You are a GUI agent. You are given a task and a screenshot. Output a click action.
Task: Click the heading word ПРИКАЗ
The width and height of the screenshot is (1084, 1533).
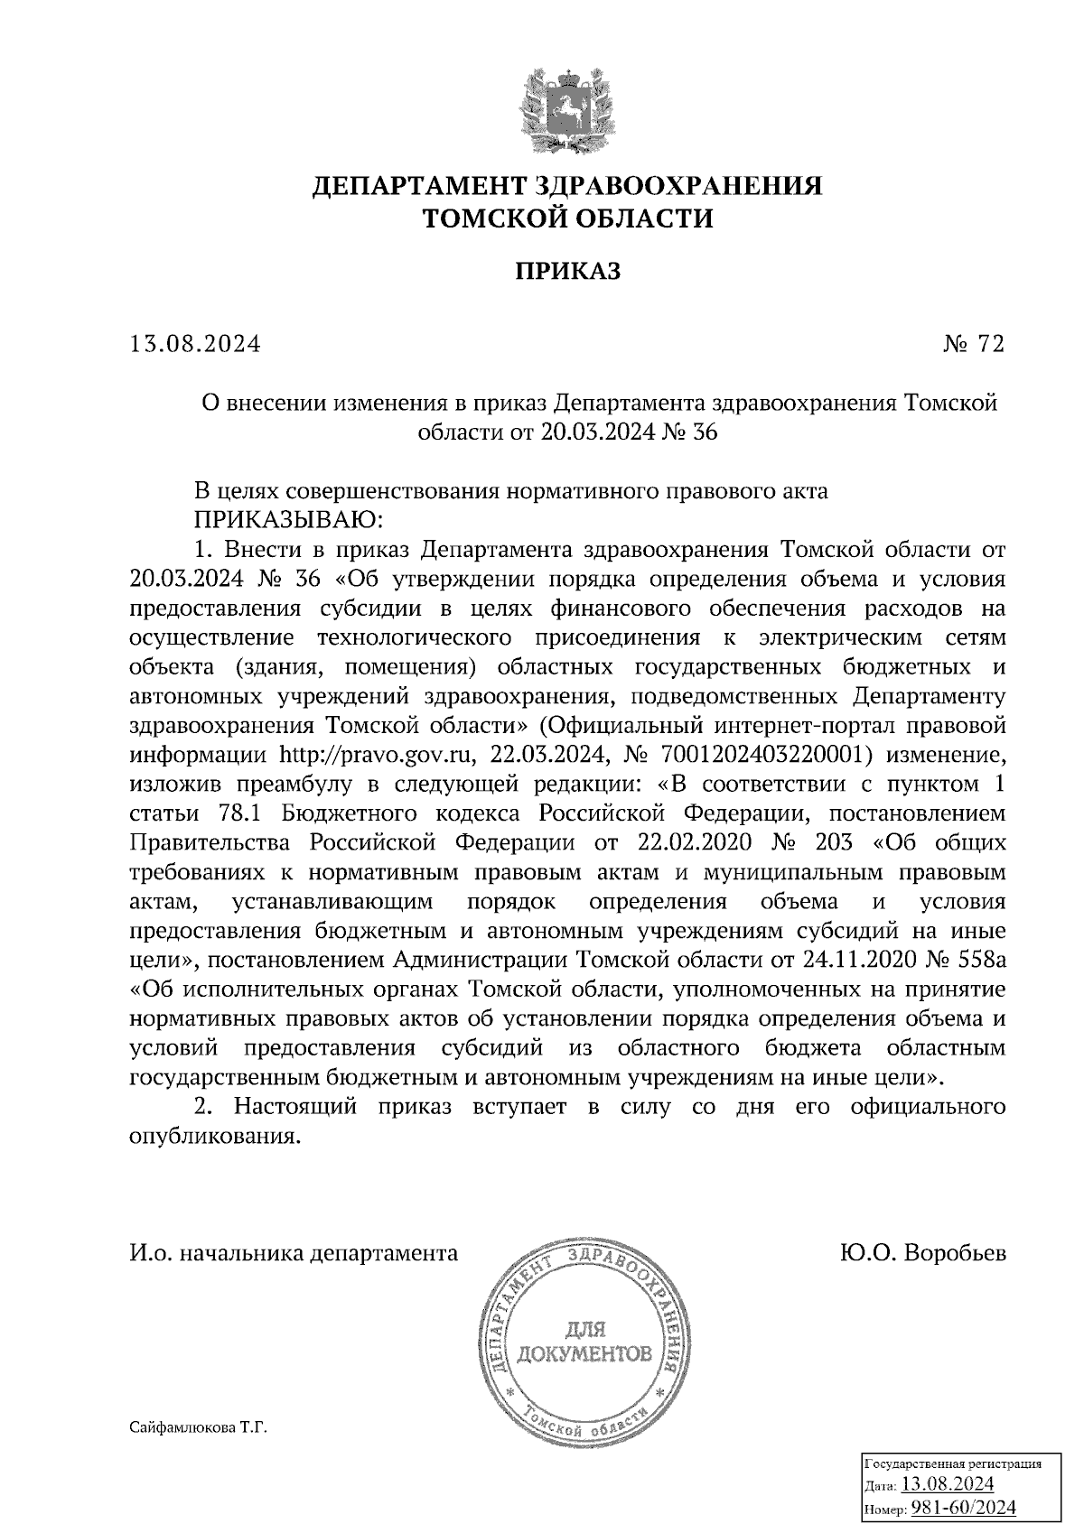click(x=567, y=272)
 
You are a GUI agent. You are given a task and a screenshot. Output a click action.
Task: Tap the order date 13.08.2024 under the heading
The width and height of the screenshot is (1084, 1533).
click(x=195, y=344)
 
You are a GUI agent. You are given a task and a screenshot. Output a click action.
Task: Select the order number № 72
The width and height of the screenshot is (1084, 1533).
click(x=972, y=344)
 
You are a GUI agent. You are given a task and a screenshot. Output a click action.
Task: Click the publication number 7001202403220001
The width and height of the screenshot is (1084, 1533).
click(x=765, y=755)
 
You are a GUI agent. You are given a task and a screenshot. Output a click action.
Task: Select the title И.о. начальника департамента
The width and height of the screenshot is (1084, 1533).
click(x=294, y=1254)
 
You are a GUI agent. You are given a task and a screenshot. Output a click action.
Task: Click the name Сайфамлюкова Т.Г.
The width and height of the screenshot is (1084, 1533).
click(x=199, y=1429)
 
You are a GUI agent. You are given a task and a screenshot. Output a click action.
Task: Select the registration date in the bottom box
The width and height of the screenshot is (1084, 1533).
click(x=948, y=1484)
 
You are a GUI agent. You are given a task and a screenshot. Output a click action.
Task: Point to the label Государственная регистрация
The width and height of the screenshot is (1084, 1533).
click(x=953, y=1463)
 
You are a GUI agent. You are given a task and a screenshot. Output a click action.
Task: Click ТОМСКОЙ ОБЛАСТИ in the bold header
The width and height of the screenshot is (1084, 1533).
click(x=567, y=218)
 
